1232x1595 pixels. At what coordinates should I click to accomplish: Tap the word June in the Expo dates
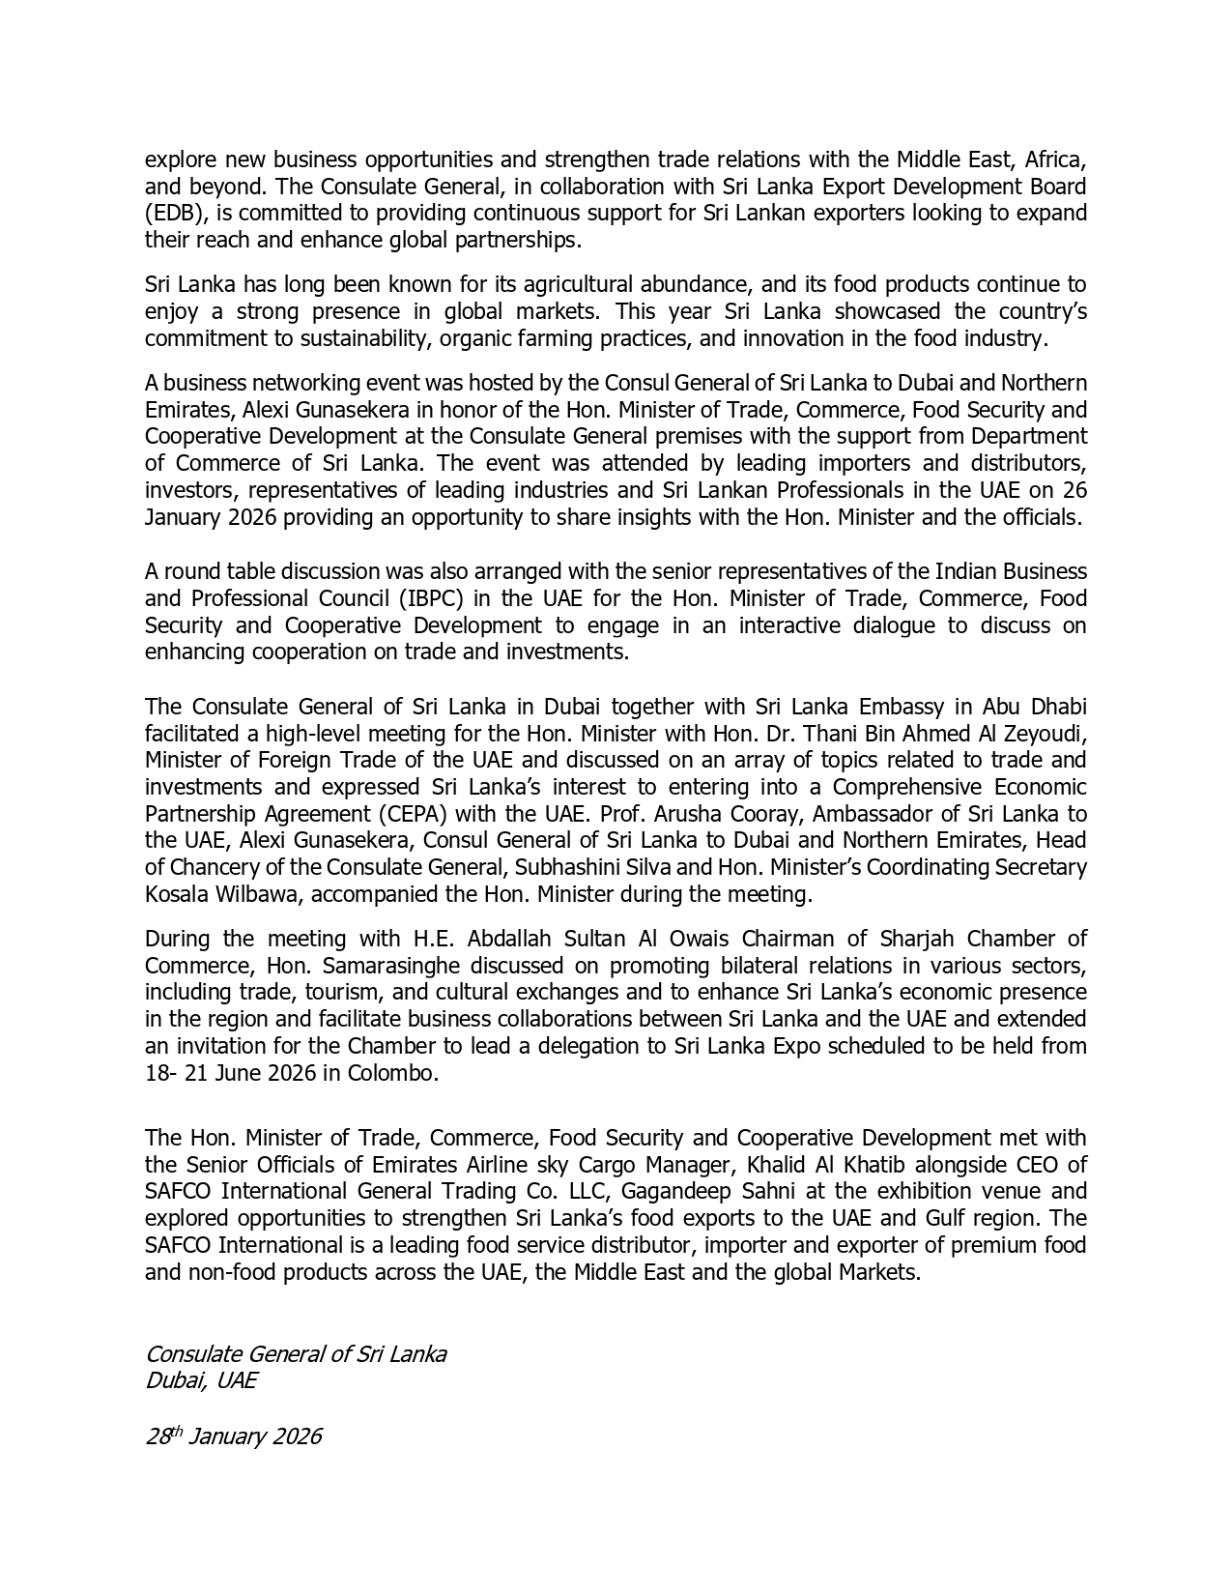point(240,1074)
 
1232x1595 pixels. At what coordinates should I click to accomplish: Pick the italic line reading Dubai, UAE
point(200,1380)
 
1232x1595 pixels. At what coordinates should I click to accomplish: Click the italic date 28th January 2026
point(233,1436)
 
